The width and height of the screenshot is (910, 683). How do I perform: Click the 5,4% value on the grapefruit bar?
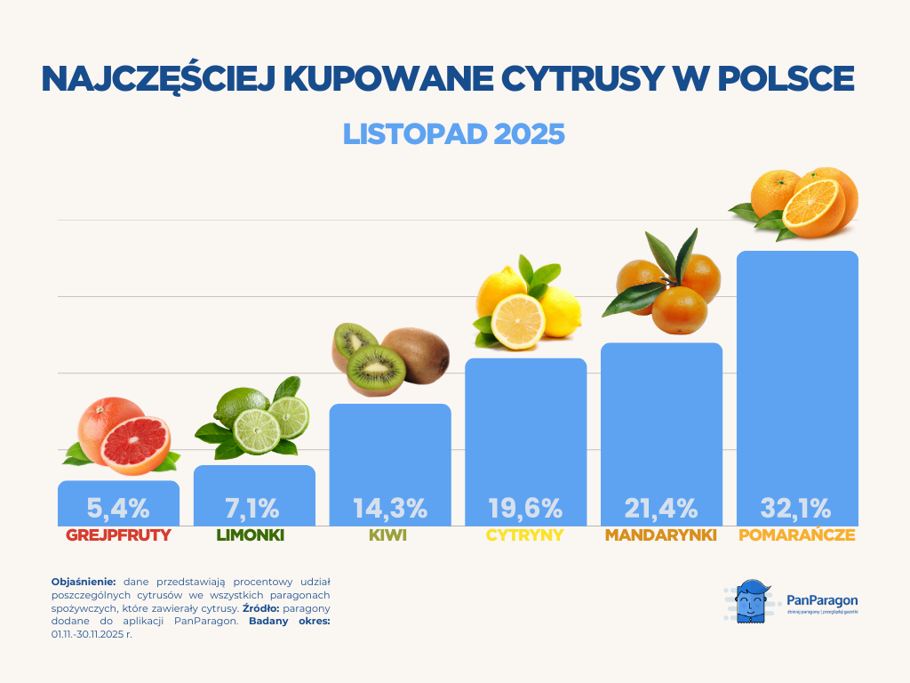tap(118, 509)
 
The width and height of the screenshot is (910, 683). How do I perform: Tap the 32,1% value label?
tap(795, 509)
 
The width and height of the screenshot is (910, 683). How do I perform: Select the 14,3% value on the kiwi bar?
tap(390, 509)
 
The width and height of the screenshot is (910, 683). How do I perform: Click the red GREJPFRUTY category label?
tap(118, 536)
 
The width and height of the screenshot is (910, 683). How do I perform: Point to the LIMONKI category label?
tap(254, 536)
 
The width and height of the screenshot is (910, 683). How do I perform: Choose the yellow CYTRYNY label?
tap(525, 536)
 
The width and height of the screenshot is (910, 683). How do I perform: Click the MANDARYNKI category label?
tap(661, 536)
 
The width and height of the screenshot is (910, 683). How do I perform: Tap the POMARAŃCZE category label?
tap(796, 536)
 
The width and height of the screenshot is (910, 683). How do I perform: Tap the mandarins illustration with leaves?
tap(665, 285)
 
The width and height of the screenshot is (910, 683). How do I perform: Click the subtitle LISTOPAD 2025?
tap(454, 133)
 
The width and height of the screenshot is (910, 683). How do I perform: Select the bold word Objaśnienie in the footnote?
tap(84, 581)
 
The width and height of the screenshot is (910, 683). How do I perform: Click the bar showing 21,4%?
tap(661, 418)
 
